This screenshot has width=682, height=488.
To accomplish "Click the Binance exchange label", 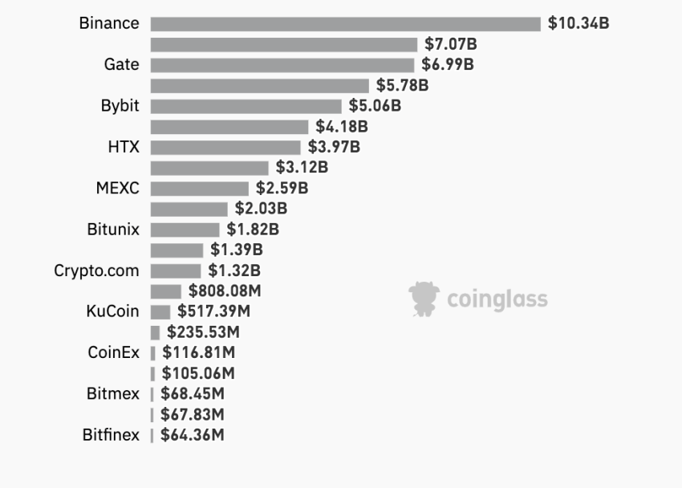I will (x=109, y=23).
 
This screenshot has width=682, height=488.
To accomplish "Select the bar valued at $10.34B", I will (x=345, y=24).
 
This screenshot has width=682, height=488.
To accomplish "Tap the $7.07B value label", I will (x=451, y=44).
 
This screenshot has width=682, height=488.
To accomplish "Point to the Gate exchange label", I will (x=121, y=64).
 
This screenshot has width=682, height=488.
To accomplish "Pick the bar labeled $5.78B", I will (x=259, y=85).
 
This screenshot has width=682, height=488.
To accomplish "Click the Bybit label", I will (x=120, y=106).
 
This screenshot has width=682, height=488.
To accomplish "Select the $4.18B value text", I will (x=342, y=126).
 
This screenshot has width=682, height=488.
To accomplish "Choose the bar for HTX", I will (x=225, y=147).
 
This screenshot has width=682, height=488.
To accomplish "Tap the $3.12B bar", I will (x=209, y=168).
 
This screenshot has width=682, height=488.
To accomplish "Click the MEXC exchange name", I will (x=117, y=189).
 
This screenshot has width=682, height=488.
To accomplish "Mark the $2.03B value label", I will (x=261, y=209).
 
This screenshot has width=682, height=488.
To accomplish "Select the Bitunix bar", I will (x=185, y=230).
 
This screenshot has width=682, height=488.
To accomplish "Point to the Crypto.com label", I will (x=96, y=270).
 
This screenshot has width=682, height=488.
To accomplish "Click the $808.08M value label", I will (x=225, y=291).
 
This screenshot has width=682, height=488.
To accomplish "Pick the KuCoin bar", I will (x=160, y=312).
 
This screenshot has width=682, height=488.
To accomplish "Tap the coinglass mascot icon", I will (x=424, y=299).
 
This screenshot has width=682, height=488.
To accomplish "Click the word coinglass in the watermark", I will (x=497, y=300).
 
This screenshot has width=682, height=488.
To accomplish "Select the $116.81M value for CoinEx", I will (x=198, y=352).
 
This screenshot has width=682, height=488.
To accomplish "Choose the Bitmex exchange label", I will (x=113, y=394).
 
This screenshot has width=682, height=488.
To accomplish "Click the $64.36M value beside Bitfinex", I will (x=193, y=435).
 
